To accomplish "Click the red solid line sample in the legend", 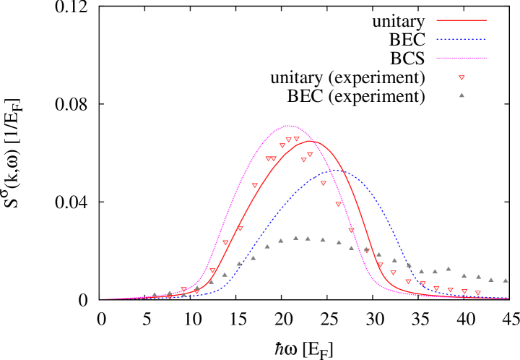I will pos(461,20).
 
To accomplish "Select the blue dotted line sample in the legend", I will pos(461,39).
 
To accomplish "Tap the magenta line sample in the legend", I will pos(461,58).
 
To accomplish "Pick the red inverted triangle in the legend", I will pos(461,77).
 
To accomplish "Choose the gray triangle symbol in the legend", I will pos(461,95).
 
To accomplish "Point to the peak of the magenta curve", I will pos(289,126).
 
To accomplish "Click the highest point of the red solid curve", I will pos(312,141).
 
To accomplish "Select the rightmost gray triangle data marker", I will pos(506,280).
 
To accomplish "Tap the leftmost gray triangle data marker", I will pos(154,294).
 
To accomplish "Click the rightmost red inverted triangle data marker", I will pos(477,293).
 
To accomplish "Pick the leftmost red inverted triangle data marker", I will pos(170,296).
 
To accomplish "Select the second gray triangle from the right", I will pos(491,279).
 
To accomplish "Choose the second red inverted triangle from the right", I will pos(464,291).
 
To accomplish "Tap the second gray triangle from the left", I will pos(170,293).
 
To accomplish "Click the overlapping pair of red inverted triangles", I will pos(271,158).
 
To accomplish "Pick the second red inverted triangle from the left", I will pos(183,290).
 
